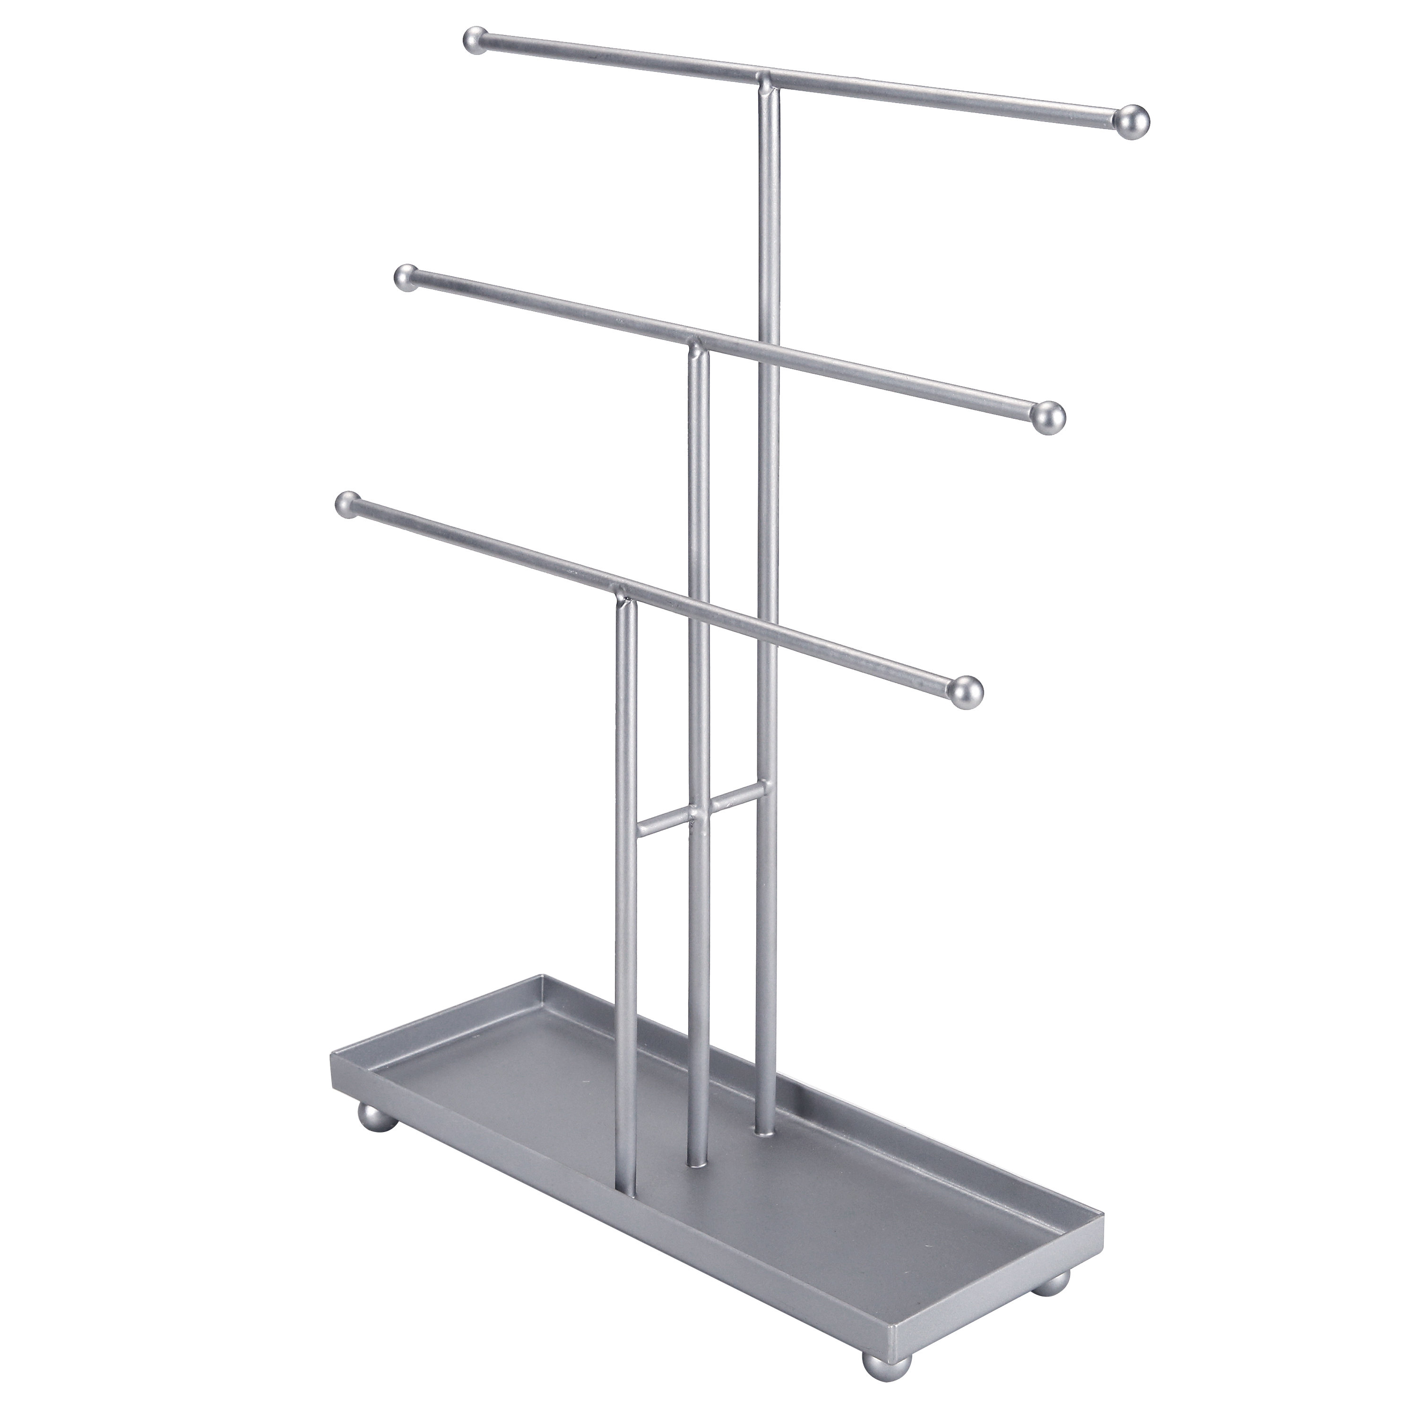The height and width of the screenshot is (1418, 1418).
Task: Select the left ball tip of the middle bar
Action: point(405,278)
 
